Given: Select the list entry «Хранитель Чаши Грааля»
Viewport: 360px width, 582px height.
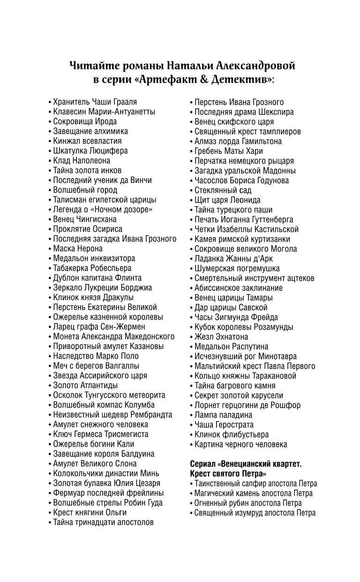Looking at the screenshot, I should point(95,102).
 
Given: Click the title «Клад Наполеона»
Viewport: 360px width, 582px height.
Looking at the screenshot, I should point(82,160).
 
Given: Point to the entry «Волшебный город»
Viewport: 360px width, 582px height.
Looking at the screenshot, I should point(85,190).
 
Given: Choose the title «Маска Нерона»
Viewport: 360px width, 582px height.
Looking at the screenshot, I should point(77,249).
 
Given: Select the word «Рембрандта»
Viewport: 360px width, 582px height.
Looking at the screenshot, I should point(149,415).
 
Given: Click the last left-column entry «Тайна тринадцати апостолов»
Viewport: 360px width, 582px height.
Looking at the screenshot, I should point(103,522).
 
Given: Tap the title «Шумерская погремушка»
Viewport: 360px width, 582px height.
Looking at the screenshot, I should point(237,268).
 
